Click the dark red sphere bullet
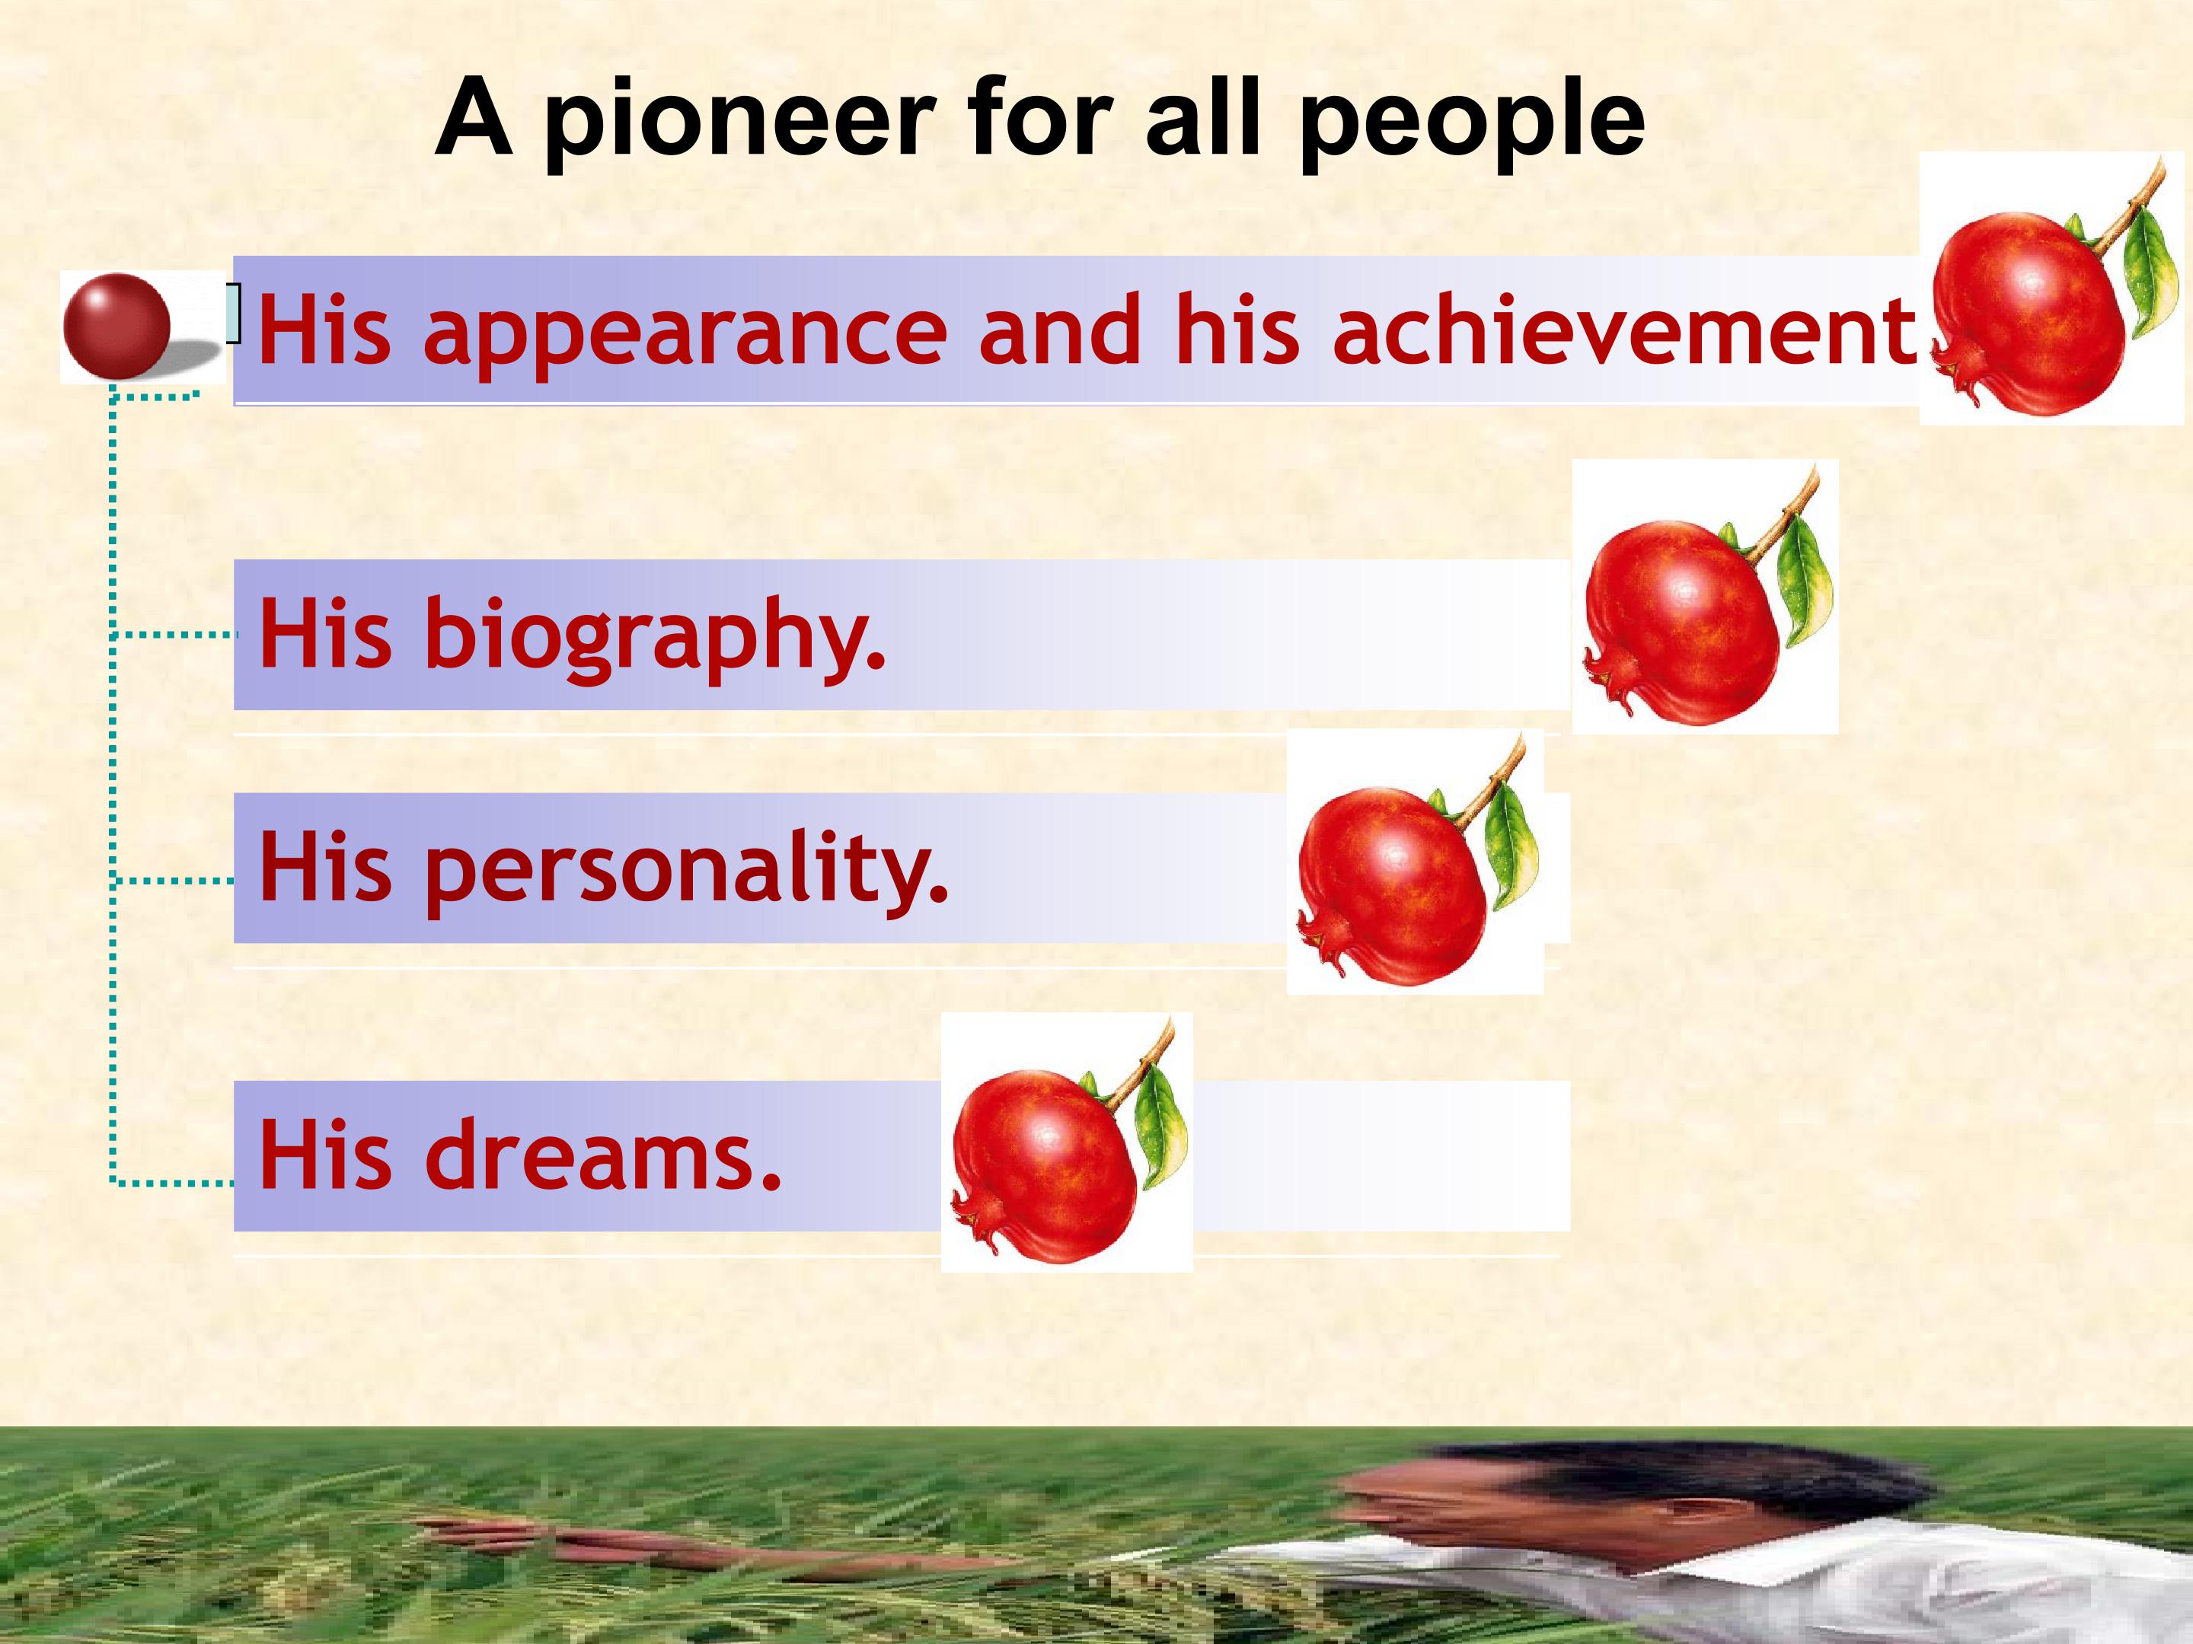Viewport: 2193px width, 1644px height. point(116,325)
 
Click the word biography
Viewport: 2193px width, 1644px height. point(654,634)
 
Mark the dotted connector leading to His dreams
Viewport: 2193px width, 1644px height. point(174,1182)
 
